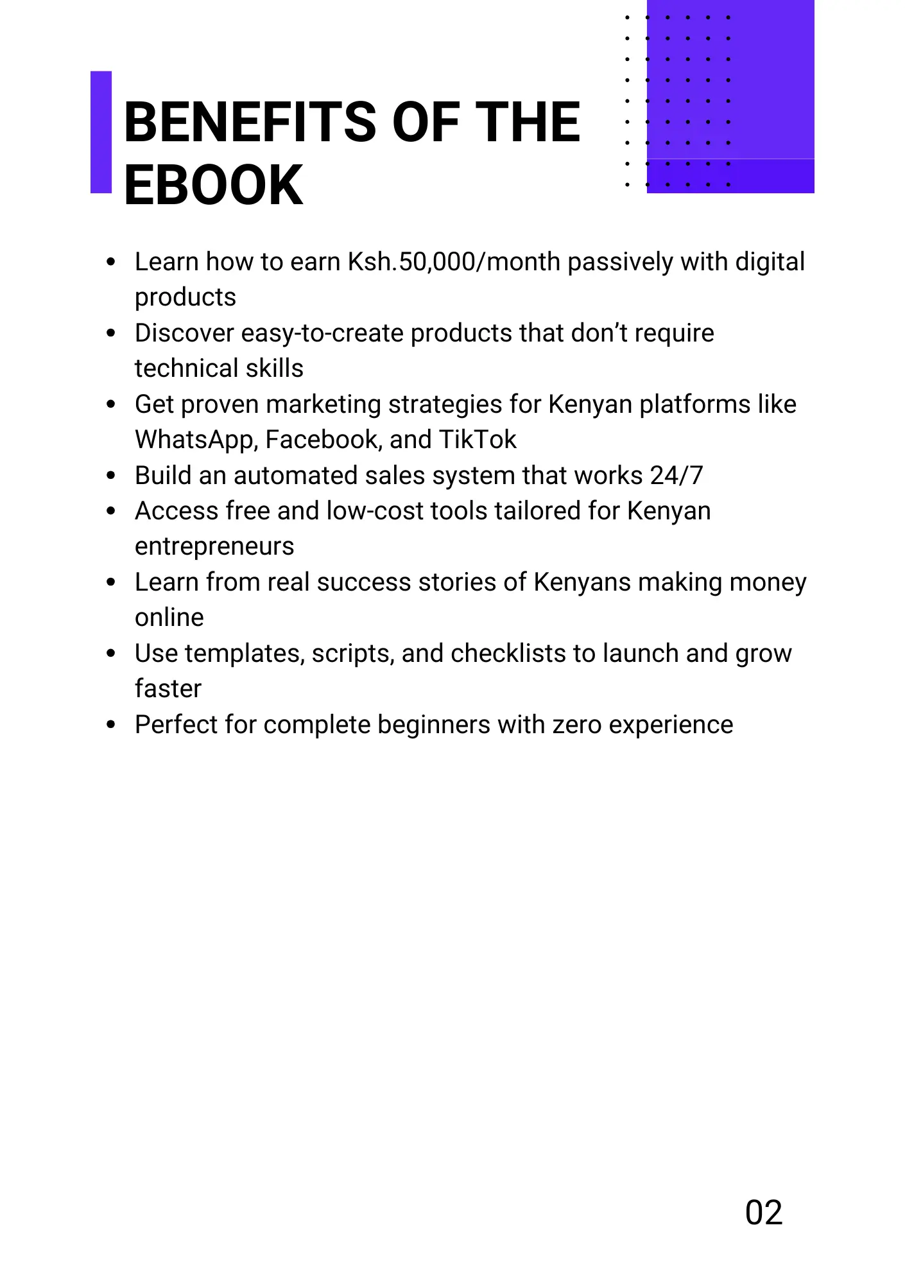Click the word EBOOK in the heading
tap(213, 186)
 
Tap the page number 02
tap(764, 1213)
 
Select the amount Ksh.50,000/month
tap(454, 262)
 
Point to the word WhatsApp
tap(196, 440)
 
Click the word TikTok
tap(478, 440)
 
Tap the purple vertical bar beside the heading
tap(101, 132)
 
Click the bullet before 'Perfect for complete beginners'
tap(111, 725)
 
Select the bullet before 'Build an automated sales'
tap(111, 476)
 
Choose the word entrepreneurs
tap(214, 547)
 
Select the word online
tap(169, 618)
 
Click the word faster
tap(168, 689)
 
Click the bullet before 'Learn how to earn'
tap(111, 262)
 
